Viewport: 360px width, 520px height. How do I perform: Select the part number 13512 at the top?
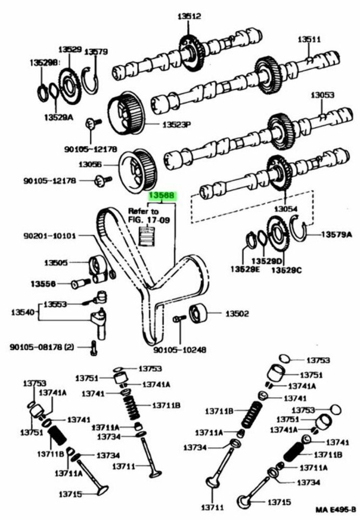pos(189,17)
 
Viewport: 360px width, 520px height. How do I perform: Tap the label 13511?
pos(309,39)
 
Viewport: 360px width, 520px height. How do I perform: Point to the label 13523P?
pos(176,125)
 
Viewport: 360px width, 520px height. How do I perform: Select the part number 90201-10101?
pos(50,236)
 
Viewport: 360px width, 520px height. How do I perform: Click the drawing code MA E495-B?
pos(336,510)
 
